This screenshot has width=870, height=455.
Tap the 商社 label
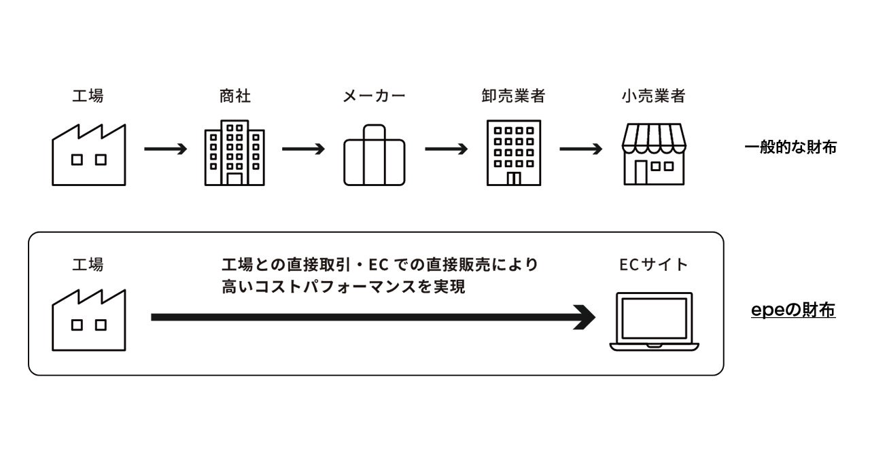(235, 96)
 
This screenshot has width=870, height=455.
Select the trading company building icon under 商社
(234, 153)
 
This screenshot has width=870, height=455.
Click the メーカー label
(374, 96)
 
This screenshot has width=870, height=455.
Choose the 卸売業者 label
(513, 96)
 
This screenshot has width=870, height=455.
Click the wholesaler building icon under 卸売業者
(513, 153)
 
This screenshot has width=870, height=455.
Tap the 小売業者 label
(653, 96)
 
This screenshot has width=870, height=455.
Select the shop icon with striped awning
(655, 154)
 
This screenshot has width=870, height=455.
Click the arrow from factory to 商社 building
(165, 149)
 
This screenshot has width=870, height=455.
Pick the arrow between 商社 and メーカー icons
(304, 149)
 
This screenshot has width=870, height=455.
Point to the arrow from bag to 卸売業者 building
(446, 149)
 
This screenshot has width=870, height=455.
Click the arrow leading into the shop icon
(580, 149)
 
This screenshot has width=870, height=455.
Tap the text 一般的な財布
(790, 147)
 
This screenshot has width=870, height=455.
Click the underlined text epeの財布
(793, 310)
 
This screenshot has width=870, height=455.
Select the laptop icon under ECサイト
(653, 321)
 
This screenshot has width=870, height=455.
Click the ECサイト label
(653, 264)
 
